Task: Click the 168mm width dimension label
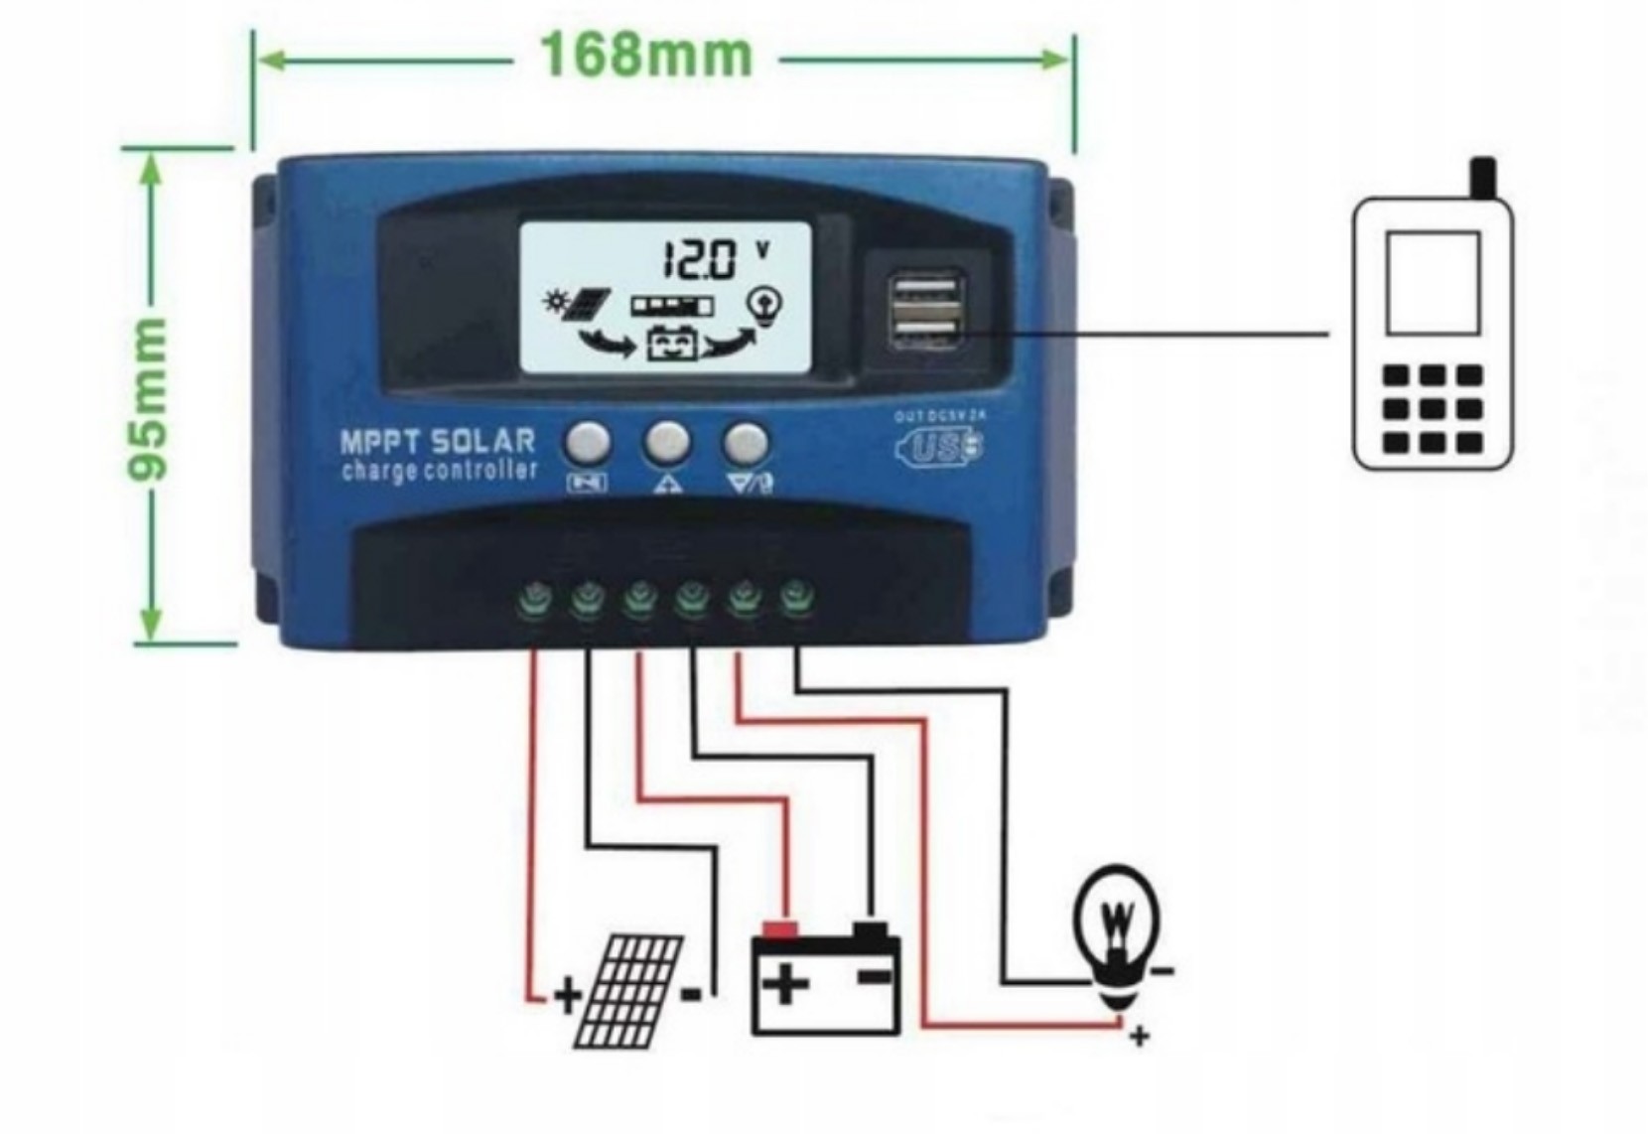click(646, 56)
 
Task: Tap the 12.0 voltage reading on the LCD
click(700, 260)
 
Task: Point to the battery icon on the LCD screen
click(672, 344)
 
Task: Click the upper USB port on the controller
click(927, 291)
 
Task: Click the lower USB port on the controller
click(927, 331)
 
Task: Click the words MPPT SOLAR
click(437, 440)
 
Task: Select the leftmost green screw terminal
click(534, 599)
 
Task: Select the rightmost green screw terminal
click(794, 599)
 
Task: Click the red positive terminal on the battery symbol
click(779, 930)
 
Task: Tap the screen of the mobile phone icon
click(1433, 283)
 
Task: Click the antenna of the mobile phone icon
click(1482, 177)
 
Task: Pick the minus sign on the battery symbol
click(874, 979)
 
